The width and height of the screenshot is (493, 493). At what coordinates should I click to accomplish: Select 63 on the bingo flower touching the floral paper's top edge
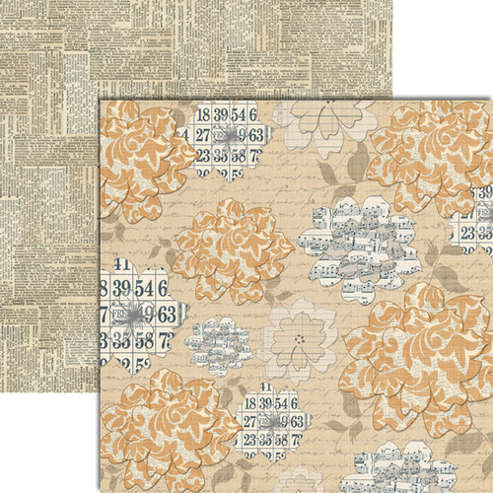[x=254, y=135]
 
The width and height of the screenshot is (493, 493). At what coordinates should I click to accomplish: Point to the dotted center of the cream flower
[x=297, y=337]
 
